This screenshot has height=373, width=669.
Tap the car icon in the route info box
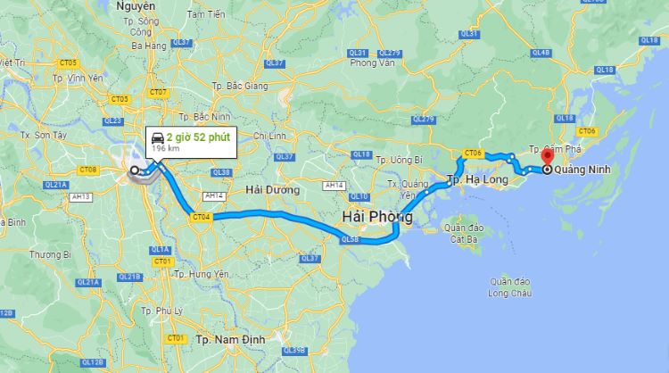(x=157, y=137)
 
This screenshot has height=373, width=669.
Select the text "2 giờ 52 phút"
(x=197, y=137)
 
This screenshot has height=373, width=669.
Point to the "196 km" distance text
(x=165, y=149)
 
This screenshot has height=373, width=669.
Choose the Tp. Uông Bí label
(x=399, y=160)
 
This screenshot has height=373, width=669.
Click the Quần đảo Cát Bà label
(x=463, y=234)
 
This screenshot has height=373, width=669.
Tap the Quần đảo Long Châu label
(x=510, y=286)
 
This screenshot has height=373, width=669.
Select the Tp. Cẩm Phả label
(x=555, y=150)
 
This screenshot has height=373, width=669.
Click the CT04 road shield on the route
(x=201, y=216)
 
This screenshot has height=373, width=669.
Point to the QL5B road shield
(x=351, y=239)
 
